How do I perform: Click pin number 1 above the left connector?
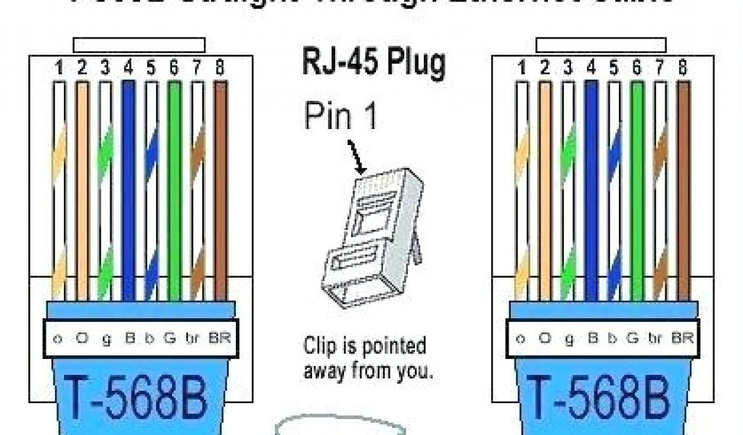pyautogui.click(x=59, y=69)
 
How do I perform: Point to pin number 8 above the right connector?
pyautogui.click(x=682, y=69)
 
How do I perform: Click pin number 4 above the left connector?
pyautogui.click(x=128, y=69)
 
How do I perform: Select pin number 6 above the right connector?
pyautogui.click(x=636, y=69)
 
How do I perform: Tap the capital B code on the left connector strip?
pyautogui.click(x=128, y=338)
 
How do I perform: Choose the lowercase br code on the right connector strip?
pyautogui.click(x=657, y=338)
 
